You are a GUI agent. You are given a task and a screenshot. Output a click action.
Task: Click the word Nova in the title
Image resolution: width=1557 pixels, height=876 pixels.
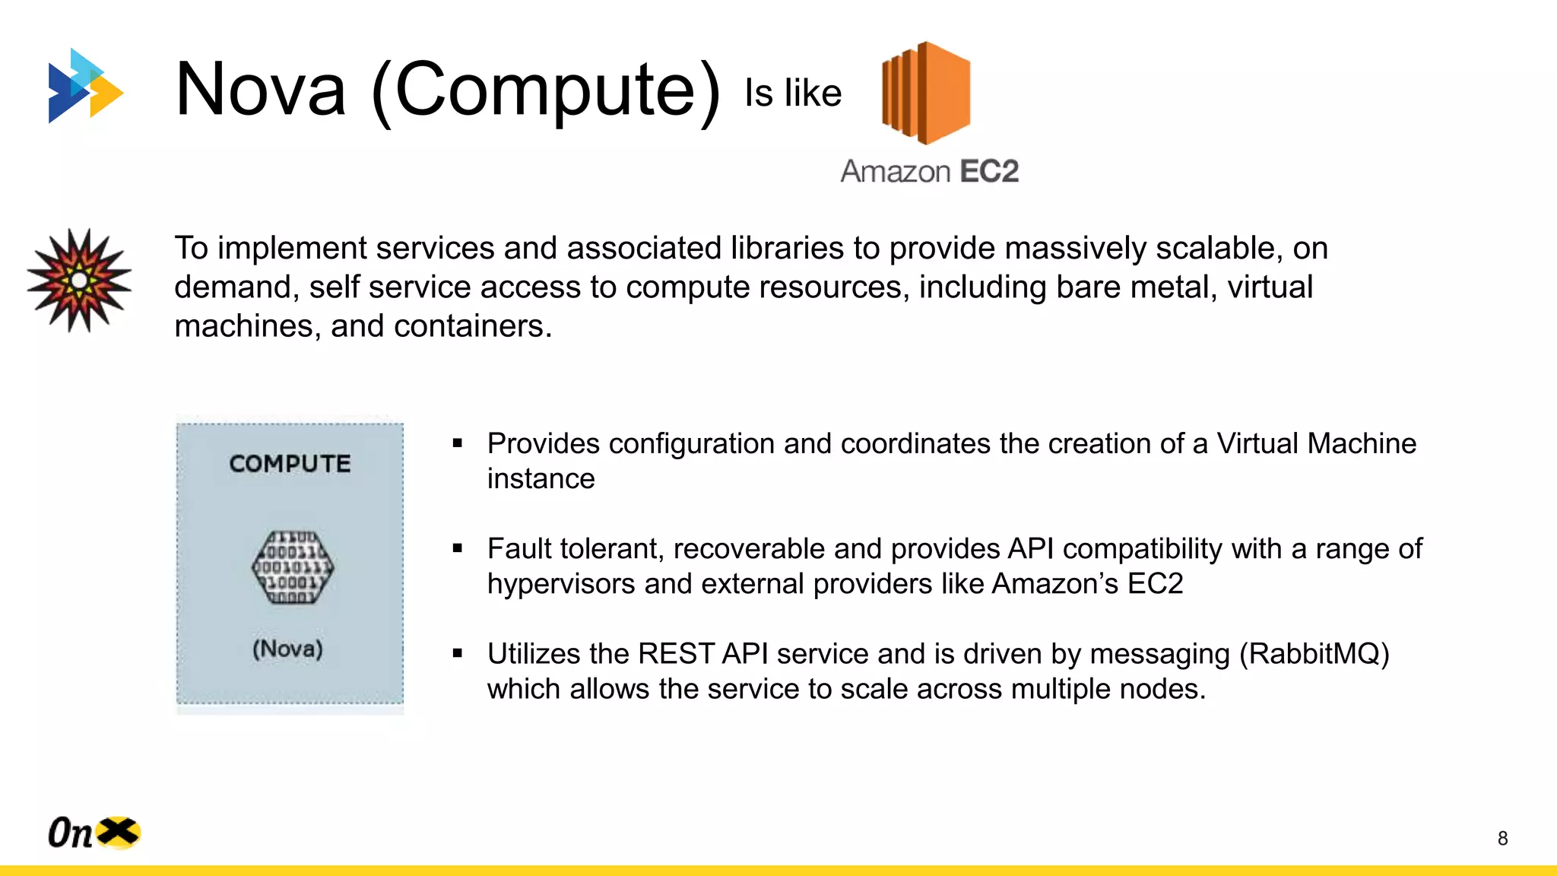point(261,90)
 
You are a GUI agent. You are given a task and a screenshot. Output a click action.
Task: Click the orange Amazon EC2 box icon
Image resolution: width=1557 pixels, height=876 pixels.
point(925,93)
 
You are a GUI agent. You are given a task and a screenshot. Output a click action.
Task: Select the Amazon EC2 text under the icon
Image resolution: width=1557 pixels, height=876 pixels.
point(929,171)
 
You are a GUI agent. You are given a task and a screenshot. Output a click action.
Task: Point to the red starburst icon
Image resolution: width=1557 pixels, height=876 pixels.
point(79,281)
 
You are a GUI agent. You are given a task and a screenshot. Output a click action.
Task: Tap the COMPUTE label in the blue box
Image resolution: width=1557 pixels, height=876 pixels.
point(290,464)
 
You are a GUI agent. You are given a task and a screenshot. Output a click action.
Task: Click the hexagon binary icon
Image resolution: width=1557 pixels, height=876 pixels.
point(293,567)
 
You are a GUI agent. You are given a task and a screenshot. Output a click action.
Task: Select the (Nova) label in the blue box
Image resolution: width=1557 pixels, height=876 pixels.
point(288,649)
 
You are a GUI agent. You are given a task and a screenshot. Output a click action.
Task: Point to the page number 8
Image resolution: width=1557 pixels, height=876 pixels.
point(1502,838)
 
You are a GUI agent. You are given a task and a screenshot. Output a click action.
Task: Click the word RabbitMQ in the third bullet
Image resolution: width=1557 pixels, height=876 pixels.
point(1314,654)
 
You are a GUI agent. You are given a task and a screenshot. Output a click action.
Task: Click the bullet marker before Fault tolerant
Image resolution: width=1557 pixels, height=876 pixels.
point(458,548)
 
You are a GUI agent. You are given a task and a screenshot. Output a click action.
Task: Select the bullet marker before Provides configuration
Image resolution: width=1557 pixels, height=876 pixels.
point(458,443)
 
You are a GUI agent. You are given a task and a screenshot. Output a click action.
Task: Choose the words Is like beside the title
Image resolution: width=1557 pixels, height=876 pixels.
point(792,94)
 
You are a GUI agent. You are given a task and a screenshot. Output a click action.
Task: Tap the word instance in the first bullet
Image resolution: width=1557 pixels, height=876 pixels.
point(541,479)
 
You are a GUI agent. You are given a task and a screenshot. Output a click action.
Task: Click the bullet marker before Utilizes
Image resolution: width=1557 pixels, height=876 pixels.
point(458,653)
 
